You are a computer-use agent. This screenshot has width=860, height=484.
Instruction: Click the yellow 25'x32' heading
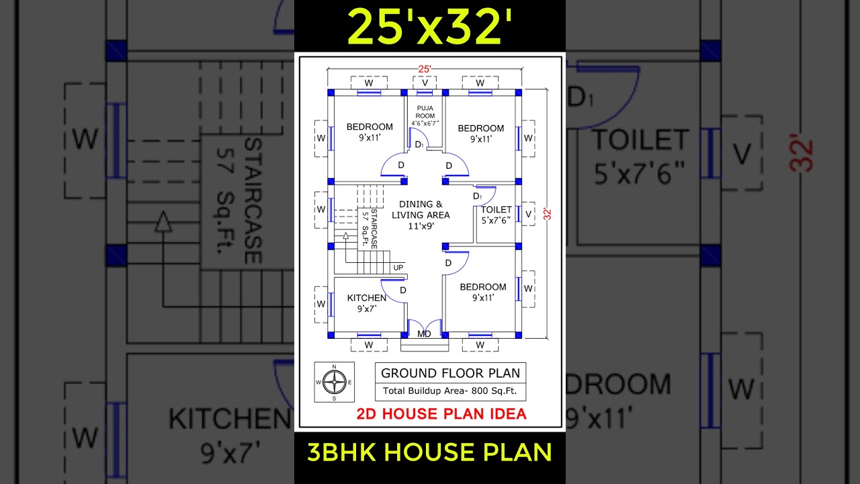tap(430, 27)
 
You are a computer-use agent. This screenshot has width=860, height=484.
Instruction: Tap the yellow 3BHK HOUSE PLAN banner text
tap(430, 452)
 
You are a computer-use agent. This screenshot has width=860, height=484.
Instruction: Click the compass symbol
tap(334, 382)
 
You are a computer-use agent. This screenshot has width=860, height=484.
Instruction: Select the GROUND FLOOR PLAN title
tap(450, 373)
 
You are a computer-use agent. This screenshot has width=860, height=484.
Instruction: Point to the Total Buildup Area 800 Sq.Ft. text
tap(450, 391)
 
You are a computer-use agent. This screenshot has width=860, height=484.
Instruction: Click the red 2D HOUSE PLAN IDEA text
tap(441, 413)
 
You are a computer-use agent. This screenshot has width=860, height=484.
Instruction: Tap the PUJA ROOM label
tap(425, 112)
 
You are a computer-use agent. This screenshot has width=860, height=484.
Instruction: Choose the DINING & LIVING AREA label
tap(421, 209)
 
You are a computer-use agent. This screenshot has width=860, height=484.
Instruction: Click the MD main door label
tap(424, 333)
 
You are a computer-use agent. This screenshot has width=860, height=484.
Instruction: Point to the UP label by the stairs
tap(398, 268)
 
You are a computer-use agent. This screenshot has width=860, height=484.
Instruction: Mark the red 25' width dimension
tap(425, 69)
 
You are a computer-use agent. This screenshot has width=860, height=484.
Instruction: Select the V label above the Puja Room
tap(425, 83)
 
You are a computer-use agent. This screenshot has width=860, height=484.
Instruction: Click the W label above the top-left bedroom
tap(369, 83)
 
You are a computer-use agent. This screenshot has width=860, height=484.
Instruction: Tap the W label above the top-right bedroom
tap(480, 83)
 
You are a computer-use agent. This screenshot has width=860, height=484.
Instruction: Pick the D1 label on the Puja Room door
tap(419, 144)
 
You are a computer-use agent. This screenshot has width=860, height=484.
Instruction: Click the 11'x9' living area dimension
tap(421, 227)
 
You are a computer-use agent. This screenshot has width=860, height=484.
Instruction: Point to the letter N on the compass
tap(334, 367)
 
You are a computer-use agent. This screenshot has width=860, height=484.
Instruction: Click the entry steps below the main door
tap(425, 345)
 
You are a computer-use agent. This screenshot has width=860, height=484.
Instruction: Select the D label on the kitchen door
tap(403, 290)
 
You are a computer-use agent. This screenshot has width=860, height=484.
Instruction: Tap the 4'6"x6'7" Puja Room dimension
tap(425, 123)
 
